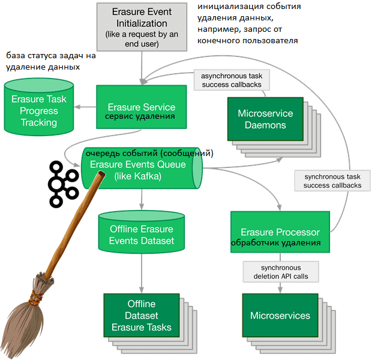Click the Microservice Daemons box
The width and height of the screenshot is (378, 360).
pos(265,118)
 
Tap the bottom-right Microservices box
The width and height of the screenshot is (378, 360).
pos(280,315)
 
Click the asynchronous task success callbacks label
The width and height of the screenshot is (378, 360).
pos(232,80)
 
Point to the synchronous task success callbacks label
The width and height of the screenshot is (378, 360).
pos(332,181)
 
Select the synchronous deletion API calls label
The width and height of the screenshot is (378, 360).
pos(280,272)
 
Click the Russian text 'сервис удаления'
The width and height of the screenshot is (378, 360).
pos(141,116)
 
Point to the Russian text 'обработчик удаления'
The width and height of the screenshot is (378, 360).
pos(275,243)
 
